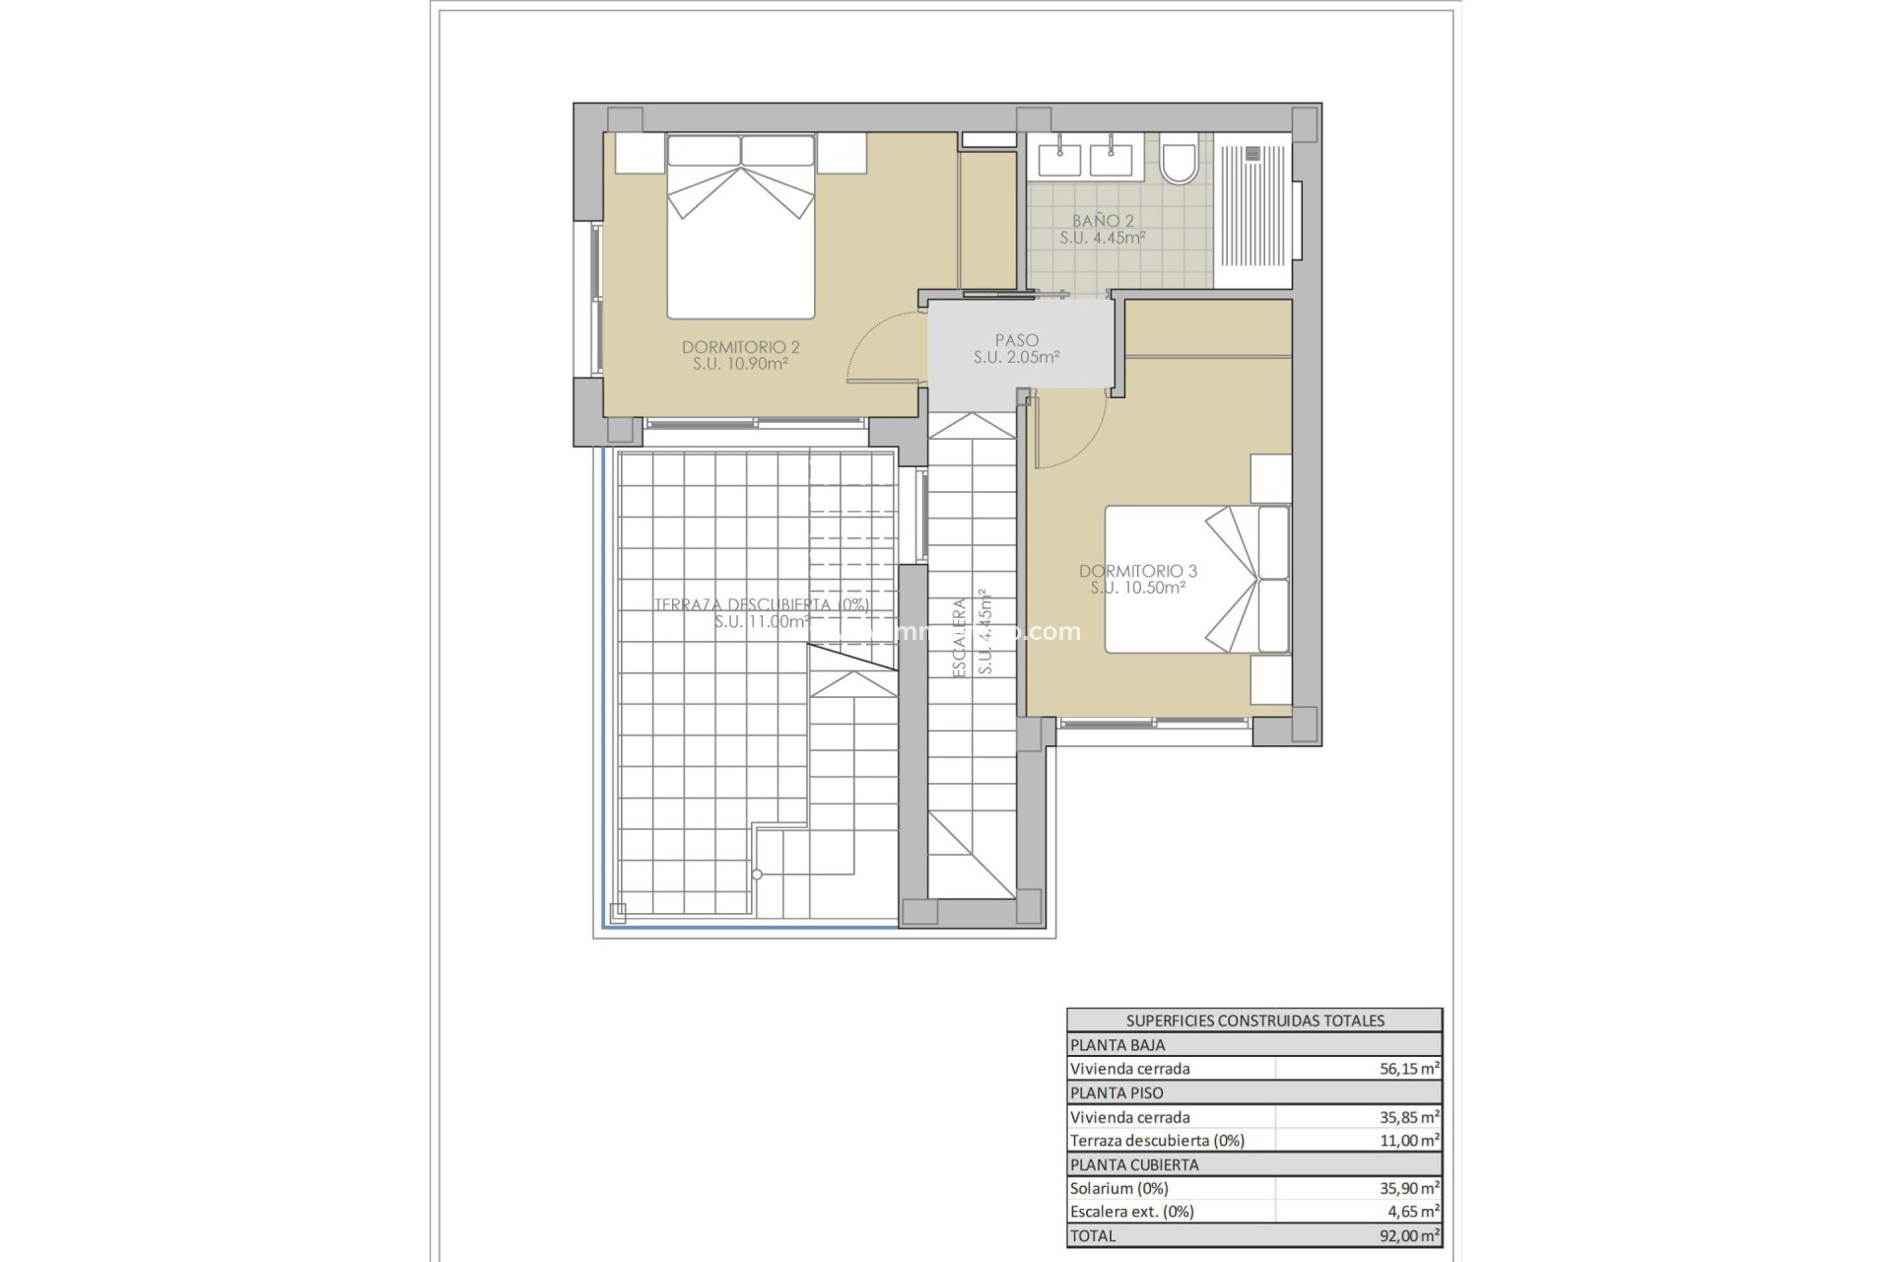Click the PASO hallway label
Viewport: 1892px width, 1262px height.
coord(1016,341)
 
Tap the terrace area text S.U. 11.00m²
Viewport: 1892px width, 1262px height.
coord(762,622)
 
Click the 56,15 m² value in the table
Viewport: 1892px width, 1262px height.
coord(1409,1069)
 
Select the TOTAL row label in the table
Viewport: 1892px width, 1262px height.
coord(1093,1235)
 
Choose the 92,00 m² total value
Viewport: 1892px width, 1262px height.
coord(1409,1235)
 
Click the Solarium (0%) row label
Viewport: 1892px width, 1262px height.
coord(1118,1188)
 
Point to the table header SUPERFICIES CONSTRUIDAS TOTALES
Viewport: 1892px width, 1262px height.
coord(1254,1020)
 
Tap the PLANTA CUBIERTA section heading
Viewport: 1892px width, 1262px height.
coord(1133,1164)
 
